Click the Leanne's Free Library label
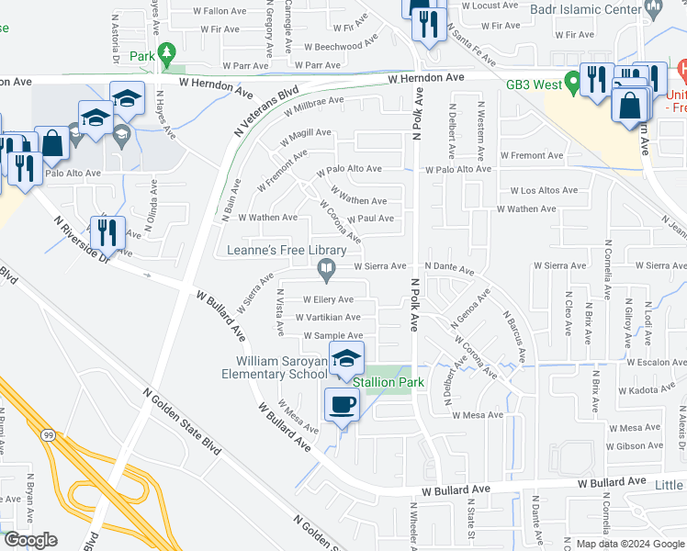(x=287, y=251)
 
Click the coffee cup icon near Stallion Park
(x=343, y=405)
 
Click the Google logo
(x=30, y=540)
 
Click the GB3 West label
(x=535, y=84)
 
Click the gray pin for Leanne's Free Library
(x=325, y=269)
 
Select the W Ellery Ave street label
(x=327, y=299)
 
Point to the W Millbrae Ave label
(x=313, y=108)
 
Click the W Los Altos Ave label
(x=544, y=191)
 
